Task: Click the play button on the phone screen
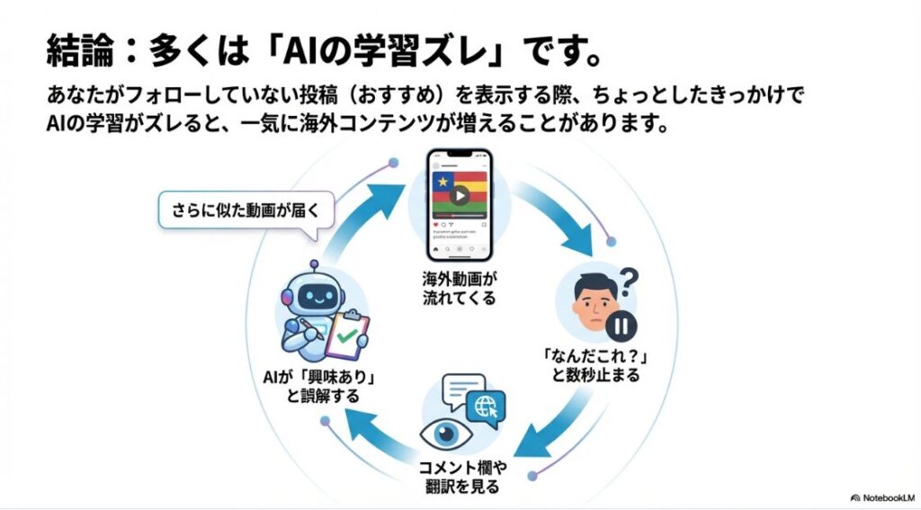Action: point(460,195)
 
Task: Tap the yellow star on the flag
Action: point(441,183)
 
